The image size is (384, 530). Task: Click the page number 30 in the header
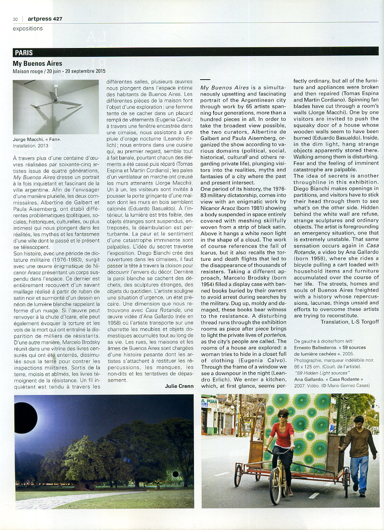(15, 19)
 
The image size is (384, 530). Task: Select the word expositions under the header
(28, 29)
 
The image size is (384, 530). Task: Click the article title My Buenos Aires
(38, 63)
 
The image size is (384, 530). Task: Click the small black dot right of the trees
(175, 475)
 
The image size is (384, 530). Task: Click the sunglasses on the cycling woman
(282, 416)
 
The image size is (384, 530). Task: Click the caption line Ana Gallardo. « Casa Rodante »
(332, 379)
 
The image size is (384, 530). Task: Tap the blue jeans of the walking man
(360, 470)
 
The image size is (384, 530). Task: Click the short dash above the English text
(205, 80)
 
